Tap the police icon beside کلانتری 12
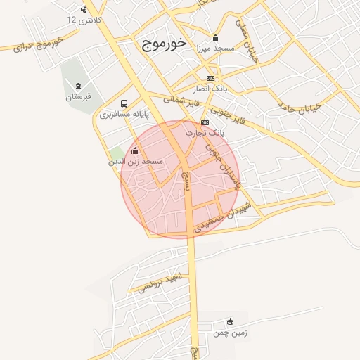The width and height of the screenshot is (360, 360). tap(84, 9)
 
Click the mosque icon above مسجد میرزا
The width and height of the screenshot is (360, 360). tap(214, 38)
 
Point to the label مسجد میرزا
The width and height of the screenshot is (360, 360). tap(214, 49)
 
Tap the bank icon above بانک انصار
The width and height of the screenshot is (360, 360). tap(210, 78)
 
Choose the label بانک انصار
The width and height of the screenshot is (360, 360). tap(210, 89)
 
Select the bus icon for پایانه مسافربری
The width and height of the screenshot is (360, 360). tap(124, 103)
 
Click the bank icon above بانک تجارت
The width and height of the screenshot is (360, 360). tap(205, 122)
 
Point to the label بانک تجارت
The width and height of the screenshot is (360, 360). tap(205, 132)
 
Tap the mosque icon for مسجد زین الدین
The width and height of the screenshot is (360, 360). tap(135, 150)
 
